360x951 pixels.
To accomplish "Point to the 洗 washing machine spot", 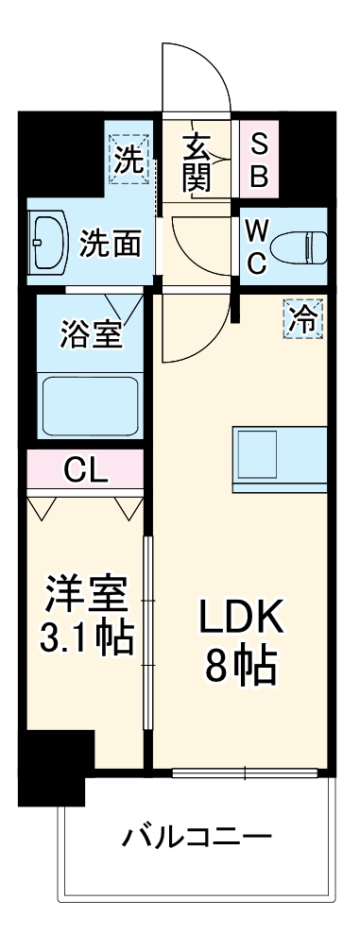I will (129, 159).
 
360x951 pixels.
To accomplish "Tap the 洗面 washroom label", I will (110, 244).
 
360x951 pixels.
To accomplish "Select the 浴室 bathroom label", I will (91, 335).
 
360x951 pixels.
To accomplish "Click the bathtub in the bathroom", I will (90, 403).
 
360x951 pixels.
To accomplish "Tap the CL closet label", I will (85, 468).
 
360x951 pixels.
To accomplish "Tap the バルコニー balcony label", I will (197, 837).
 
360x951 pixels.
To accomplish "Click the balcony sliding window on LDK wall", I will (244, 773).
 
